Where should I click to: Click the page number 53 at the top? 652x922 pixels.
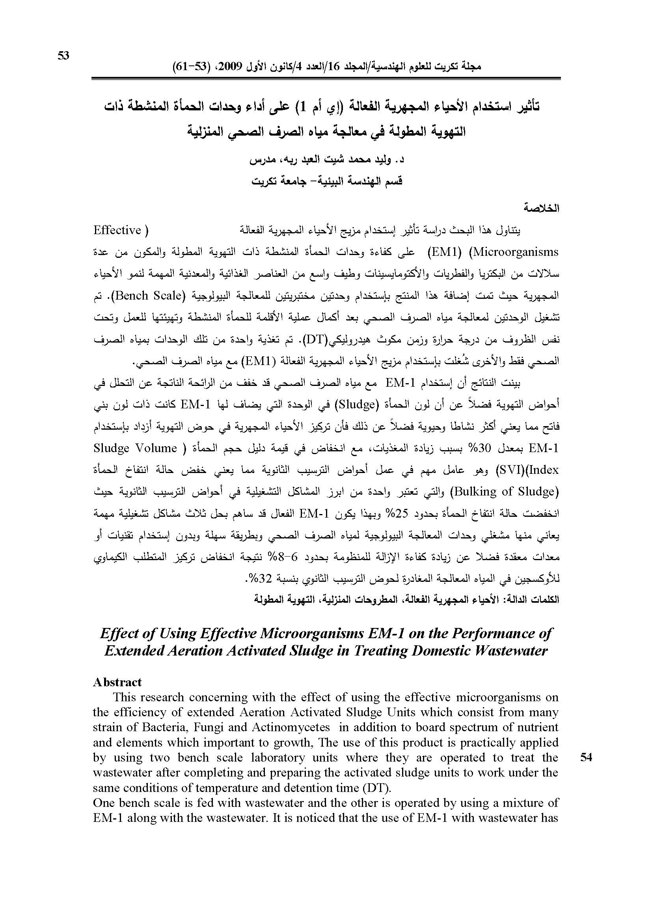pos(63,56)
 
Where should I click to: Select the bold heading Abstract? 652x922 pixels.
pos(117,682)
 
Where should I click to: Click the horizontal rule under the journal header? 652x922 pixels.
pos(326,78)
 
